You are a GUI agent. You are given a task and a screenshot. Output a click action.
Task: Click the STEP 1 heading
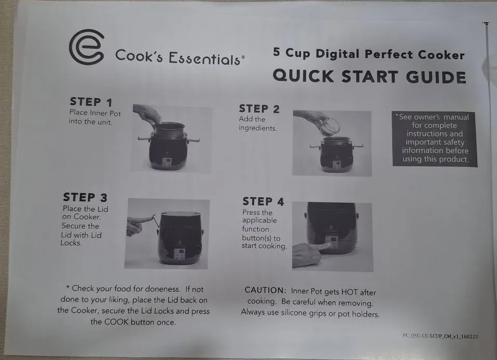pos(91,102)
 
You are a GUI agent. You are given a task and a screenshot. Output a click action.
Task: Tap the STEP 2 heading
pos(259,109)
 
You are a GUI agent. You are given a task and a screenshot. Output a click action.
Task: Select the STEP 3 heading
pos(85,197)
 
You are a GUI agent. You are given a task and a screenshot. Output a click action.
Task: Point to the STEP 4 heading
pos(264,201)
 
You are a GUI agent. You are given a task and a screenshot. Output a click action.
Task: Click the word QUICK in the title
pos(303,76)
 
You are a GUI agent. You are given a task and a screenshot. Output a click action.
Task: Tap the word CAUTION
pos(265,290)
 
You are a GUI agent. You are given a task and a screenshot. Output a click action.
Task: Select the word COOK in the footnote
pos(116,322)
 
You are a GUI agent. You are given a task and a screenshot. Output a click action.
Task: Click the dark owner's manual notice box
pos(435,139)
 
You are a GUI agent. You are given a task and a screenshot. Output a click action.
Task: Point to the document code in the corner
pos(440,336)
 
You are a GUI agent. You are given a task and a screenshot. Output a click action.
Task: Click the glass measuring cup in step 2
pos(329,126)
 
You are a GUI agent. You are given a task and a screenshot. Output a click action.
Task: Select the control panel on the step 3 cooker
pos(180,253)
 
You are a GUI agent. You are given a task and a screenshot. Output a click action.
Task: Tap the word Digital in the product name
pos(338,53)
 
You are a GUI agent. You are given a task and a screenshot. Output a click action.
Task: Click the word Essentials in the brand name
pos(205,58)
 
